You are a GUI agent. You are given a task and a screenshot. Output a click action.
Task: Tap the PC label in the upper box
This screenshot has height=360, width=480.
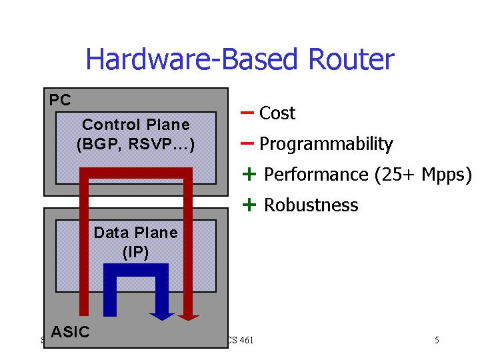(x=60, y=101)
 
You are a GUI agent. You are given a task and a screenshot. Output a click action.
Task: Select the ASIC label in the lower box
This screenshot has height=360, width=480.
(x=70, y=332)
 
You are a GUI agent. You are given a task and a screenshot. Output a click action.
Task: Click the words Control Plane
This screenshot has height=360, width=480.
(x=136, y=125)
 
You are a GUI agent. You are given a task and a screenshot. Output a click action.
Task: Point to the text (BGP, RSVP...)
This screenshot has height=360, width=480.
(x=136, y=144)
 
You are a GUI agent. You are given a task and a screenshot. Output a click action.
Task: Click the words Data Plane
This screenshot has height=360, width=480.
(x=136, y=233)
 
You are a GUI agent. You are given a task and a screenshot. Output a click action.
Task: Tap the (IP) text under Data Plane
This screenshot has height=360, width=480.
(x=136, y=252)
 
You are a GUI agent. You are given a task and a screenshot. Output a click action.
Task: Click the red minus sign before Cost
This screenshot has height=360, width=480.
(x=247, y=113)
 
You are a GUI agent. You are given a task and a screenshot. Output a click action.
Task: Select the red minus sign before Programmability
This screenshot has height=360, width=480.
(x=247, y=143)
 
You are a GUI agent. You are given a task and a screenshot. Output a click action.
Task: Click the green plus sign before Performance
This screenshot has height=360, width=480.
(x=249, y=175)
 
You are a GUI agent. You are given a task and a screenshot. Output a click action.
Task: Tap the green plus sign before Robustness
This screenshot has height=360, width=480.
(x=249, y=205)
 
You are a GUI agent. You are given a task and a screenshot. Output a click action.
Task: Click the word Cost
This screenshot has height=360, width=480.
(x=277, y=113)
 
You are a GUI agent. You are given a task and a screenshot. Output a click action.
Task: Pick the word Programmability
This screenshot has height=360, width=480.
(x=326, y=144)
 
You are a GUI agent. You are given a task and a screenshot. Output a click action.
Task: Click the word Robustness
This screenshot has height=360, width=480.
(x=311, y=205)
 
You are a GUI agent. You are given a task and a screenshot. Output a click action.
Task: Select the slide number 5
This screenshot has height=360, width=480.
(x=437, y=341)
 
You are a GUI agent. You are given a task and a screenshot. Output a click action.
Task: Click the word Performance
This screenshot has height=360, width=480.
(x=316, y=175)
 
